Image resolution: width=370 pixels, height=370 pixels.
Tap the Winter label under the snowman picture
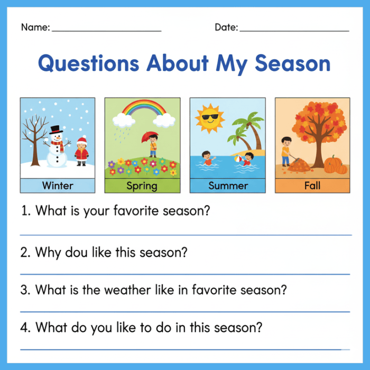[x=58, y=186]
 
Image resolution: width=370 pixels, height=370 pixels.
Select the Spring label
[x=142, y=186]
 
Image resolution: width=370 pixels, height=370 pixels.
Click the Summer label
[x=228, y=186]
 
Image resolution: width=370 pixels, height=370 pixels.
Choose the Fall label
[x=312, y=186]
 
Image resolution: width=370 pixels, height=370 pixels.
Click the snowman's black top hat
[x=55, y=129]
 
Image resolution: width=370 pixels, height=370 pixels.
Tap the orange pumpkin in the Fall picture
[x=335, y=165]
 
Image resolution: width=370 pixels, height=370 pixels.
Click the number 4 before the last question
[x=25, y=327]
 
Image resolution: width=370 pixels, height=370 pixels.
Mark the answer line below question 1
[x=185, y=235]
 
